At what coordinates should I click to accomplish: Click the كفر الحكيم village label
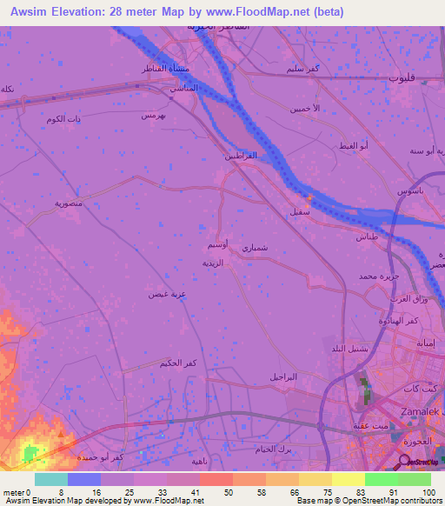[x=177, y=362]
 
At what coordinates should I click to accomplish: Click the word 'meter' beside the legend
[x=13, y=491]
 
